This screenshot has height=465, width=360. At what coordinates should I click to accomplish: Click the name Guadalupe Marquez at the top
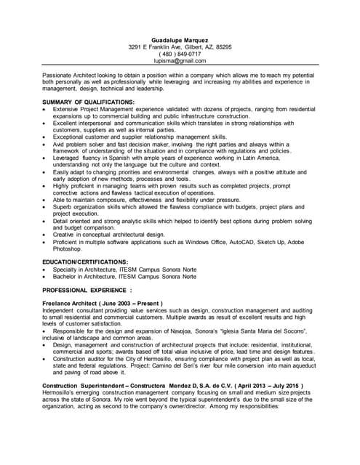pos(180,39)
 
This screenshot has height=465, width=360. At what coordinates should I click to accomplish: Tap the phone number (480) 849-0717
pos(180,54)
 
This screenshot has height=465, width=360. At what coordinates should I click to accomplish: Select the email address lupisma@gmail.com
pos(180,62)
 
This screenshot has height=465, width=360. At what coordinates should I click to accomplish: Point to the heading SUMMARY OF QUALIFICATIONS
pos(89,102)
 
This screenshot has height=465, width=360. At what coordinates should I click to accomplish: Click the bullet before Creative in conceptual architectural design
pos(45,234)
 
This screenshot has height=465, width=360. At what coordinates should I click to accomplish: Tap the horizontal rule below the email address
pos(180,68)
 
